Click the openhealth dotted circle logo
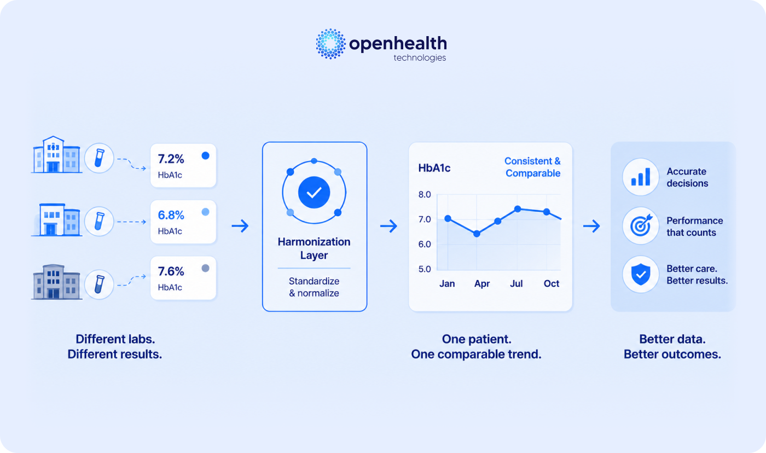tap(330, 44)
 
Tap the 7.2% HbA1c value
tap(171, 159)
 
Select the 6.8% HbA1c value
tap(171, 215)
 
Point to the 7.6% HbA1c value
tap(171, 271)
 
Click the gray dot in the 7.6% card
tap(206, 268)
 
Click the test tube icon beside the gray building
tap(99, 284)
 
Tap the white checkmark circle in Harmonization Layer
tap(314, 193)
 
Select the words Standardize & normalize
tap(314, 287)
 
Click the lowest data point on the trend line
tap(477, 234)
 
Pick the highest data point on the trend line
tap(518, 209)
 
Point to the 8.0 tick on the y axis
tap(425, 195)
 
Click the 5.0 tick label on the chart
tap(425, 269)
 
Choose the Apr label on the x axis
tap(482, 284)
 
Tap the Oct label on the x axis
tap(552, 283)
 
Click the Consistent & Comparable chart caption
tap(532, 167)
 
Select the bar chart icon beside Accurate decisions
tap(641, 177)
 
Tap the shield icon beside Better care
tap(641, 274)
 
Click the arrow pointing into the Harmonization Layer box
tap(240, 225)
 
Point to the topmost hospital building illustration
tap(57, 154)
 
